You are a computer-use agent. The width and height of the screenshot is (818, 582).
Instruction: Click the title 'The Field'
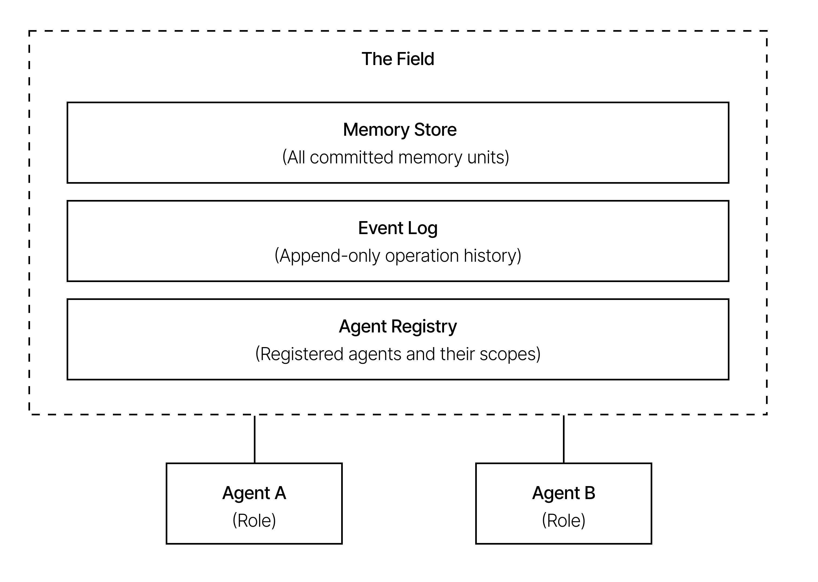coord(397,59)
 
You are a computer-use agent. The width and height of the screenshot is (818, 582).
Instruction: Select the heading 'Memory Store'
coord(400,130)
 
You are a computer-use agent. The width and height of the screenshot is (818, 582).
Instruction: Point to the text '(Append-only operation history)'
coord(397,256)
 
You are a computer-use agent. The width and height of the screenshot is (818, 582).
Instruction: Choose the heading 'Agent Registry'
coord(397,326)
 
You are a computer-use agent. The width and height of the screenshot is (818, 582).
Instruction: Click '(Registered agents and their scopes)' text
coord(397,354)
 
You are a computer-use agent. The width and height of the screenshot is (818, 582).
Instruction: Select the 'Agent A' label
coord(254,493)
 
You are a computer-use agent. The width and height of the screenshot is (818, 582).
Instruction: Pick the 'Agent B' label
coord(563,493)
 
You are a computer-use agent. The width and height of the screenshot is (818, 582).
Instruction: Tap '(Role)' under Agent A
coord(254,520)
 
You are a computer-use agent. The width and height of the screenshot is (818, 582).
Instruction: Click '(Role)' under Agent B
coord(563,520)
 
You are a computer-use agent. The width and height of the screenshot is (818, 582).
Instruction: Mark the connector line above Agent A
coord(255,439)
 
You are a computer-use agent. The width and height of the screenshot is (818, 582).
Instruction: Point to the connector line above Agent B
coord(564,439)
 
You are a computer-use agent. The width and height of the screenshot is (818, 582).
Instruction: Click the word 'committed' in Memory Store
coord(351,157)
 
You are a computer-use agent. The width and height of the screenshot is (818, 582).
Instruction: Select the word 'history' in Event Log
coord(492,256)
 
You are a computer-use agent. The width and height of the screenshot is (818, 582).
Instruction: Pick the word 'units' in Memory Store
coord(488,157)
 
